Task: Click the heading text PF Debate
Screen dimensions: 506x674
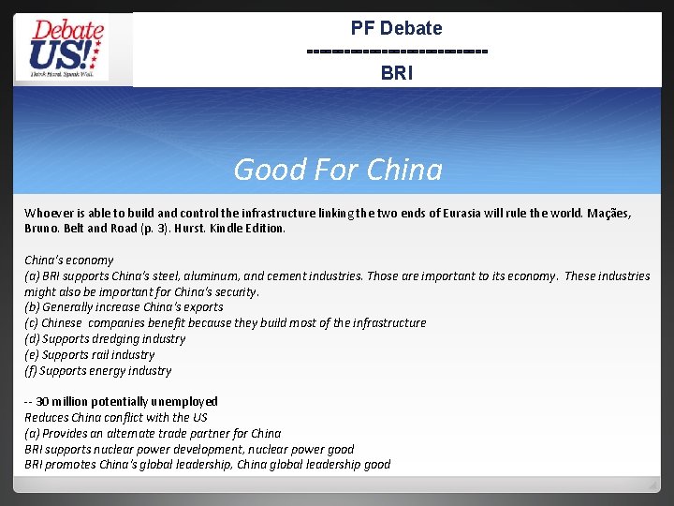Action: (x=396, y=28)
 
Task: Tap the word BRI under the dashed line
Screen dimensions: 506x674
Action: (x=396, y=72)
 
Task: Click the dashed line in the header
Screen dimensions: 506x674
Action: (x=396, y=50)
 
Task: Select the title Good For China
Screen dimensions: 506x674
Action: (x=337, y=170)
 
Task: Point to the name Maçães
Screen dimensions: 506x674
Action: (x=611, y=213)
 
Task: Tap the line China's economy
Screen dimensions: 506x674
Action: (x=68, y=260)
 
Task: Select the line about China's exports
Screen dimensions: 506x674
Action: (x=124, y=307)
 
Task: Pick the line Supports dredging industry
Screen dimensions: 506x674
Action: (x=105, y=338)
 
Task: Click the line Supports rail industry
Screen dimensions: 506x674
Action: (x=90, y=354)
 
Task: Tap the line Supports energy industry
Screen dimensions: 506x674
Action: (x=98, y=370)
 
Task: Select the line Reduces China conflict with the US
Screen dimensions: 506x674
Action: (x=116, y=417)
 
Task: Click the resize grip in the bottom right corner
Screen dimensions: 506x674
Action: (x=652, y=485)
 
